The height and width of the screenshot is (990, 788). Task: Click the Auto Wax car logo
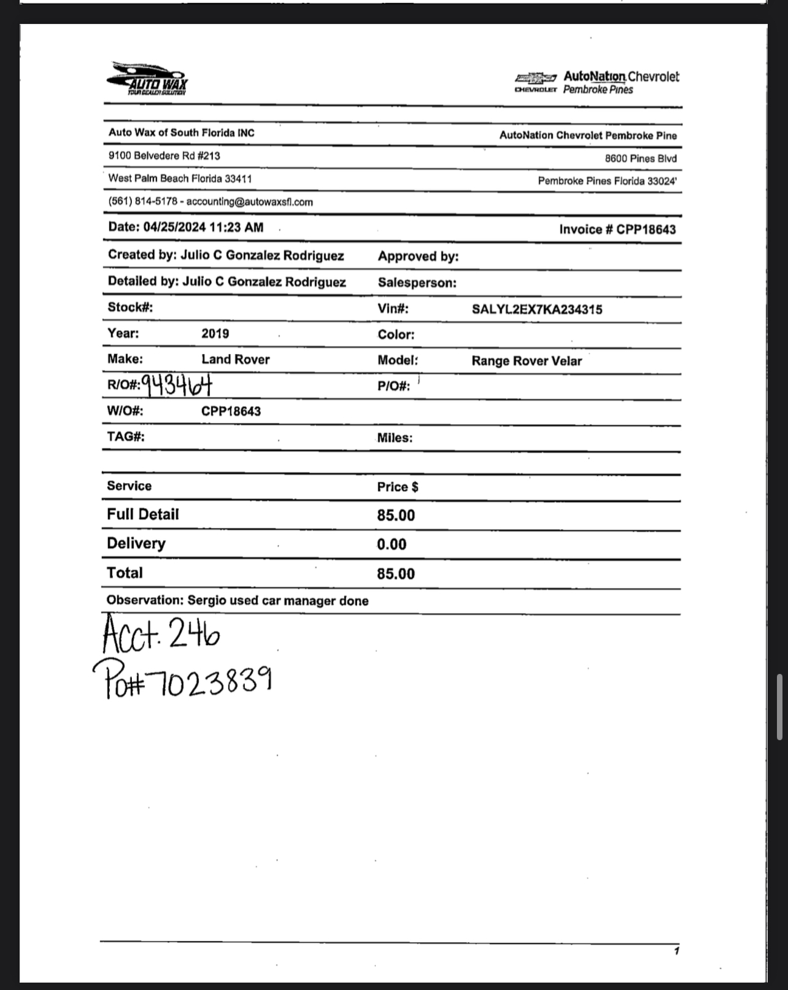click(147, 78)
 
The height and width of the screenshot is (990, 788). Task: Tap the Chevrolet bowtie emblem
click(536, 78)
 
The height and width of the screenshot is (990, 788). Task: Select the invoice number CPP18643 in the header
click(646, 230)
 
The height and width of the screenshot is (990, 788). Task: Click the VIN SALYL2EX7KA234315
click(537, 309)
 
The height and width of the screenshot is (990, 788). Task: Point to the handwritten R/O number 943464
click(177, 385)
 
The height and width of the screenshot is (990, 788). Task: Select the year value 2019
click(215, 334)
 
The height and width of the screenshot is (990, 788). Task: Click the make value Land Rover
click(236, 360)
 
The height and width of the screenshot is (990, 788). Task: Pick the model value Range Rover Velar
click(527, 361)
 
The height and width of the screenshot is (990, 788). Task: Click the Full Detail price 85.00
click(396, 515)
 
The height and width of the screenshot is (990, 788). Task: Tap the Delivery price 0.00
click(392, 544)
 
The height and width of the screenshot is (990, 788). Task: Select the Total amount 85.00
click(396, 574)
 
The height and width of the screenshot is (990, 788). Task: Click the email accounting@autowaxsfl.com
click(250, 202)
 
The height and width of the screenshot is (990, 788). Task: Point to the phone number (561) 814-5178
click(143, 201)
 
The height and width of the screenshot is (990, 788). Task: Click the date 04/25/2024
click(175, 227)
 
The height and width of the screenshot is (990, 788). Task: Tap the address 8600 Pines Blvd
click(641, 158)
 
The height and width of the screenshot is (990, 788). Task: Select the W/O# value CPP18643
click(231, 411)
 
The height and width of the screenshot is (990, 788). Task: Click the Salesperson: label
click(417, 283)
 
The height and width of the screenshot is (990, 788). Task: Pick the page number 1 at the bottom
click(676, 951)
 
